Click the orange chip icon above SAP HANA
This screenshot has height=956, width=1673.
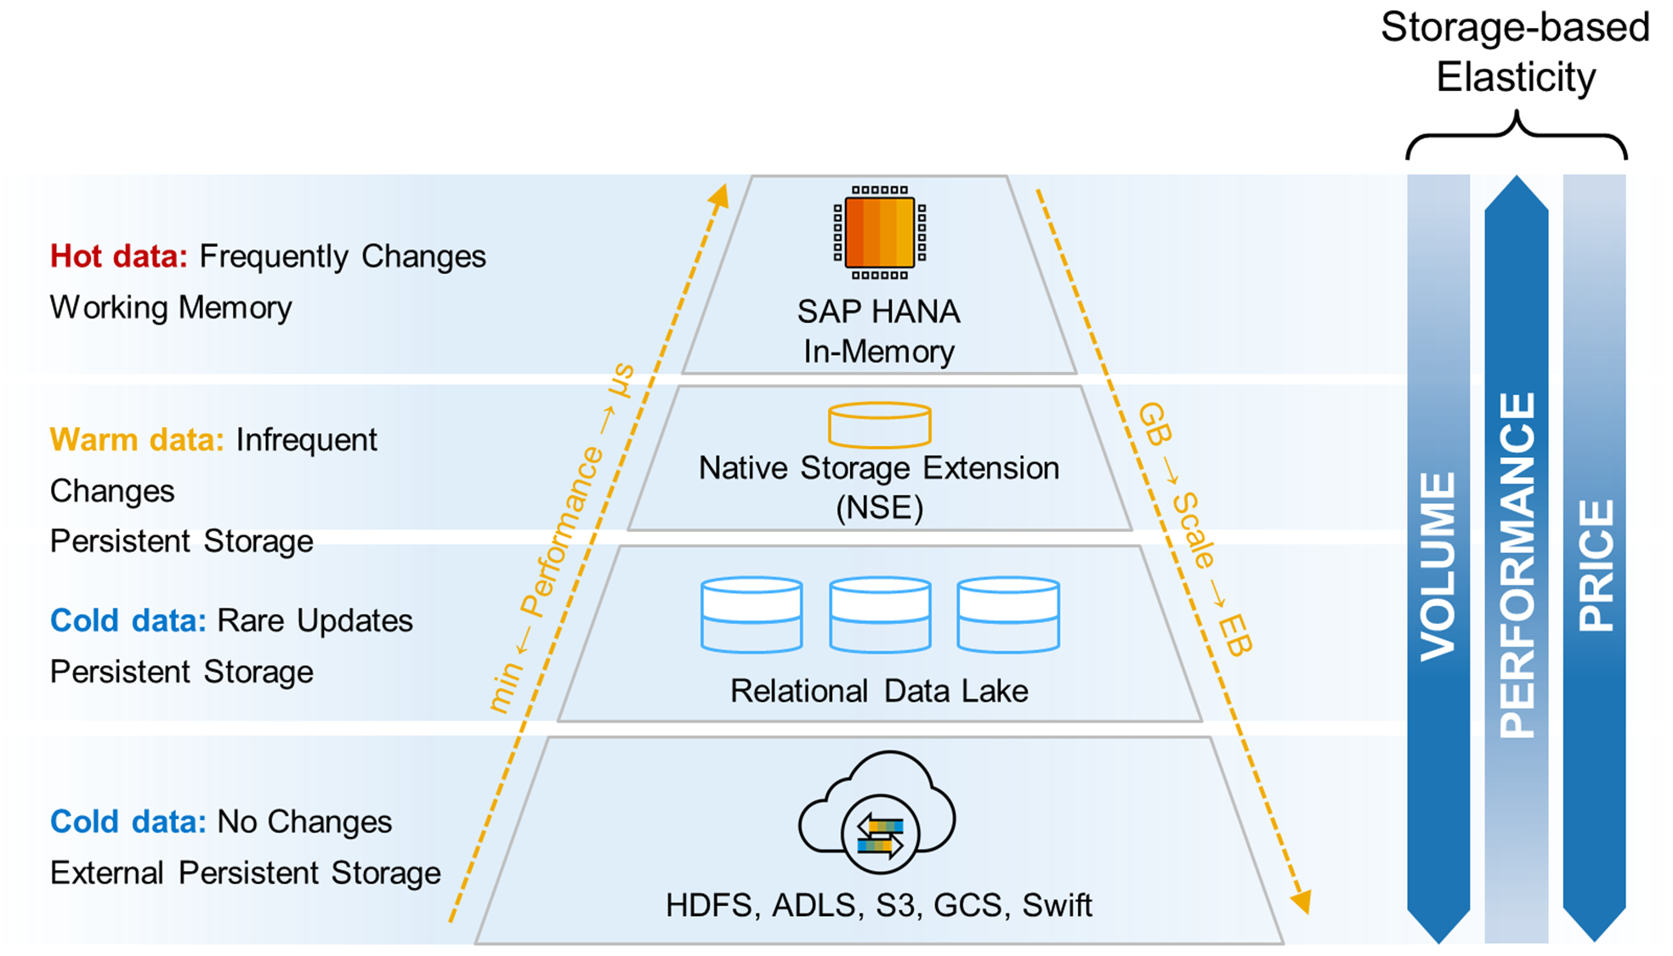tap(879, 232)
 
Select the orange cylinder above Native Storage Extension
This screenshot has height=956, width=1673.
tap(879, 425)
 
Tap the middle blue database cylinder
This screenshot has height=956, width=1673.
tap(880, 614)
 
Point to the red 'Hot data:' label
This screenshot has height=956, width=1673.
tap(118, 257)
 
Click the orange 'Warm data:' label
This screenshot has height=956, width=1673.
tap(137, 440)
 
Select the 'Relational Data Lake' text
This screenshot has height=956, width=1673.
tap(879, 691)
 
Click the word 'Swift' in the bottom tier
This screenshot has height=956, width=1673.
tap(1057, 906)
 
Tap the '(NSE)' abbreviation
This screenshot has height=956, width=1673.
tap(879, 508)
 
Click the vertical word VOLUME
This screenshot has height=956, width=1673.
tap(1438, 566)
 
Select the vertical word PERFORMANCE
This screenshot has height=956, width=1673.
tap(1517, 564)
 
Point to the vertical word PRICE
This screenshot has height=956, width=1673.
tap(1595, 566)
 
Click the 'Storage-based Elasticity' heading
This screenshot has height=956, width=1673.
tap(1515, 52)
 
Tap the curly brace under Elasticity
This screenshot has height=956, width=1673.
tap(1517, 136)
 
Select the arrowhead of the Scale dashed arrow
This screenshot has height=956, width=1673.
tap(1301, 902)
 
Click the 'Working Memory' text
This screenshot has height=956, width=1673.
tap(171, 308)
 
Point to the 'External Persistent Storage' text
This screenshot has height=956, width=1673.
tap(245, 873)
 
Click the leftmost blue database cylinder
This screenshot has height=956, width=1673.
tap(751, 614)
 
